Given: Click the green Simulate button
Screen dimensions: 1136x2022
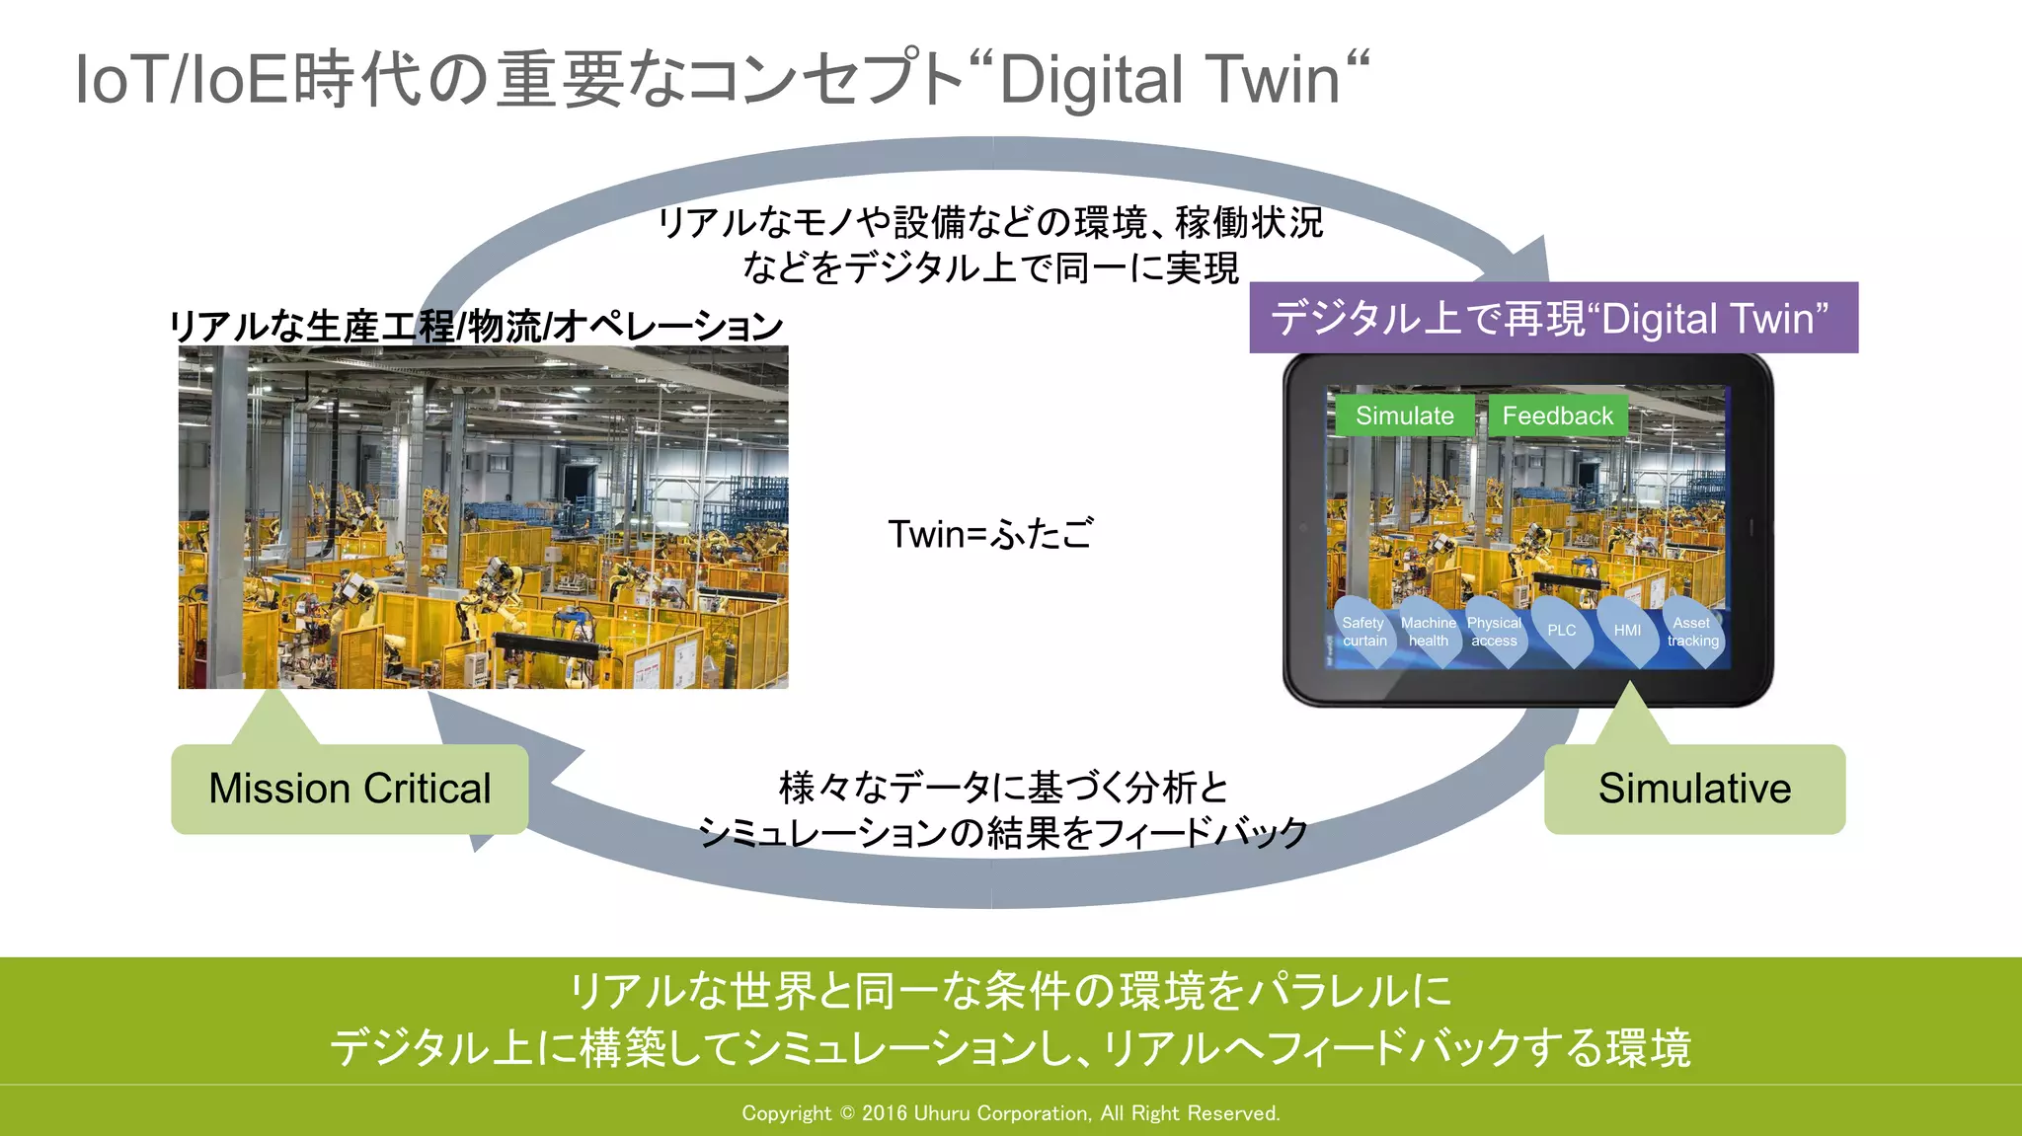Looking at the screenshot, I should point(1404,416).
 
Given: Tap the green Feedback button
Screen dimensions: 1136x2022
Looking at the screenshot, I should point(1557,416).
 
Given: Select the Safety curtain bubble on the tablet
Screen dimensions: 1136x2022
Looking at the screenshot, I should point(1363,632).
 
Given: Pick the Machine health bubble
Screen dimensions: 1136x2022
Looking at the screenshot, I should point(1429,632).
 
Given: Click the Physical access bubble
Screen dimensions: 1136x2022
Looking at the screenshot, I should point(1494,632).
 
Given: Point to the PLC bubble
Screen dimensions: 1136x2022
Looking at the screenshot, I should point(1561,631).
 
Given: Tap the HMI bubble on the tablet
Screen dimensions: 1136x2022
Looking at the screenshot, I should point(1627,631).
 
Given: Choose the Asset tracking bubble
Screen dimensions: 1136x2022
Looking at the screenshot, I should point(1692,632).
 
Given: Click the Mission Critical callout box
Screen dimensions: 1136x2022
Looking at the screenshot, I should point(350,789).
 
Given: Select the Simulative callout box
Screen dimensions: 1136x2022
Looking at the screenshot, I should point(1694,789).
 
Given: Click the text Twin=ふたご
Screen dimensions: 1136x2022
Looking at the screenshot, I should point(990,534).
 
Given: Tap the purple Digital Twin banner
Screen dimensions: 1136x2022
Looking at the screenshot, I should point(1553,318).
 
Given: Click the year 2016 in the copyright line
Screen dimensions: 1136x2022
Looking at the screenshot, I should point(884,1113).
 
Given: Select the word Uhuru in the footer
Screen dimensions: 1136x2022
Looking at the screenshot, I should point(943,1113).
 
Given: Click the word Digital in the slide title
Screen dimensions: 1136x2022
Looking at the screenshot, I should point(1091,79).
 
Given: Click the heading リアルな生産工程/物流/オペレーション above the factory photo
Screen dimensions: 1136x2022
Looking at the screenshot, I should point(476,326).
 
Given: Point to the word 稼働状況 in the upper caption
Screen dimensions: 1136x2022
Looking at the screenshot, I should point(1249,222).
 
